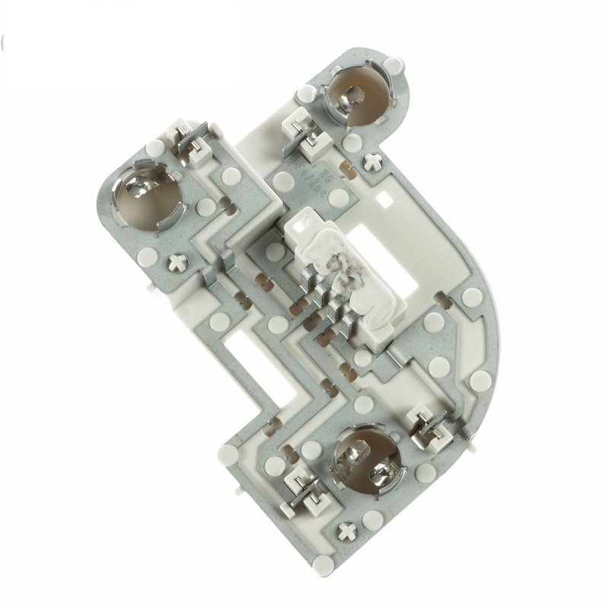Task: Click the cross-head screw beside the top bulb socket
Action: [x=373, y=161]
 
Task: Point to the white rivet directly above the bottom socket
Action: [x=364, y=403]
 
